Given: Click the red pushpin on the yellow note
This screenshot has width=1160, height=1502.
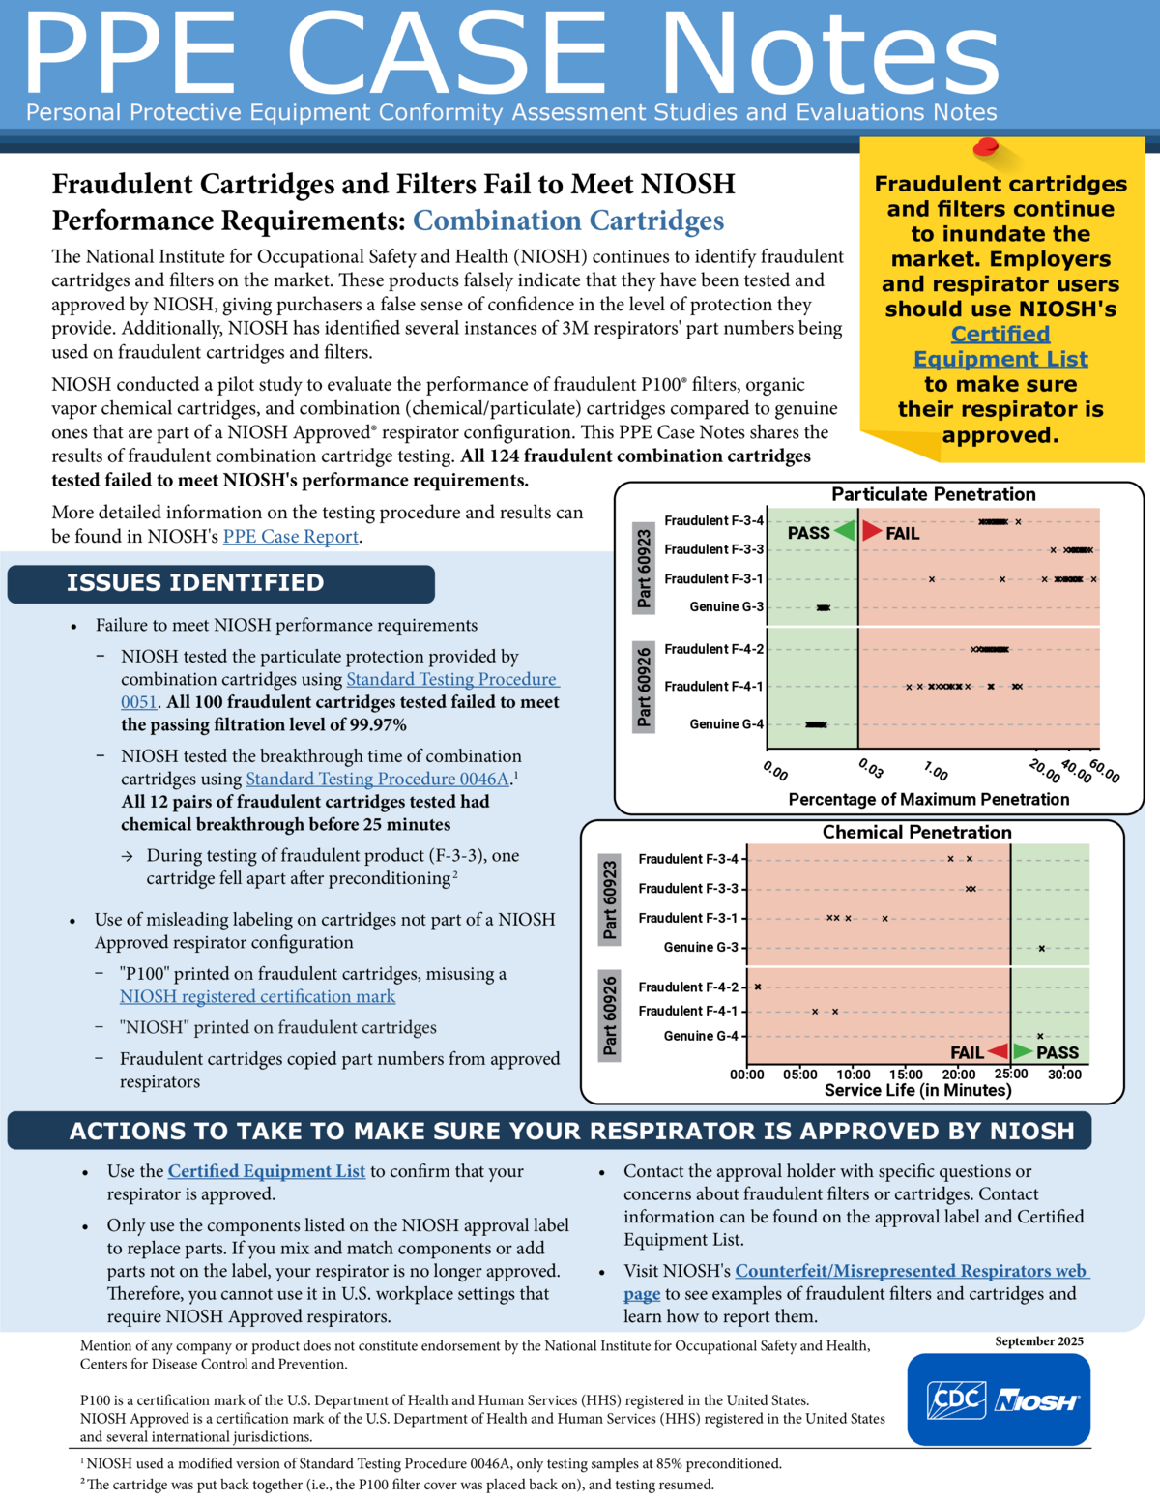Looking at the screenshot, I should click(x=986, y=147).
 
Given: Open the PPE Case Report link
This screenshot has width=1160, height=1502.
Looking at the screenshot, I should click(x=291, y=537).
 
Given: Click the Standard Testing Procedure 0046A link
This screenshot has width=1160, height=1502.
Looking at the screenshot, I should click(x=377, y=780).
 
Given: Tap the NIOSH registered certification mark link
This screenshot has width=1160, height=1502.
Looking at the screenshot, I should click(x=257, y=997).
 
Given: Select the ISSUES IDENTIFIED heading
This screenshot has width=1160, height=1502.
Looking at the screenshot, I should click(x=195, y=583).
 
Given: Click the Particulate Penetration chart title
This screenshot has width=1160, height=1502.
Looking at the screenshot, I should click(x=933, y=494).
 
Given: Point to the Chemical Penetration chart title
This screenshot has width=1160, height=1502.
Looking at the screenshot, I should click(x=916, y=832).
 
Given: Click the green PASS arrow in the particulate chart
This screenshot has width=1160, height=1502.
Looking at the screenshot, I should click(x=845, y=531).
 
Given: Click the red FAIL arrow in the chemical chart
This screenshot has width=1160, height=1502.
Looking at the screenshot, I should click(x=998, y=1051).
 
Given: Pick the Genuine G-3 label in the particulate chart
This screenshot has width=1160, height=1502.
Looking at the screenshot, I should click(x=726, y=607).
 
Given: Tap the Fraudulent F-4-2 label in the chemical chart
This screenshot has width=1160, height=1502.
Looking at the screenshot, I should click(x=687, y=987).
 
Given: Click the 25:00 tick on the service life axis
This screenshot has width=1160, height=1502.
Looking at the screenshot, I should click(x=1011, y=1075).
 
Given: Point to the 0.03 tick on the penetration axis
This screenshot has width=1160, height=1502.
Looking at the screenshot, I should click(x=870, y=769).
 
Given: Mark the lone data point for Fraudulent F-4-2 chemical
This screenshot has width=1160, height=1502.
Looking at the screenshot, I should click(x=758, y=987).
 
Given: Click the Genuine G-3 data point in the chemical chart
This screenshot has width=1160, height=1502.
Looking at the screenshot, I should click(x=1041, y=948).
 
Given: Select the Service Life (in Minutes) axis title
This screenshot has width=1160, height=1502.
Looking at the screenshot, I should click(x=917, y=1091).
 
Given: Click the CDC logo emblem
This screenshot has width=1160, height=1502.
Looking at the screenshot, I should click(x=956, y=1399).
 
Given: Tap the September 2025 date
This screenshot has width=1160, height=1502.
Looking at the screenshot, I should click(x=1039, y=1341).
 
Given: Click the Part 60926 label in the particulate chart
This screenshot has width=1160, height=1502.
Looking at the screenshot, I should click(x=644, y=687).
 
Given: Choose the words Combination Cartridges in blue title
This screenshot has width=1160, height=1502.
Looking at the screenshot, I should click(x=568, y=221).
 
